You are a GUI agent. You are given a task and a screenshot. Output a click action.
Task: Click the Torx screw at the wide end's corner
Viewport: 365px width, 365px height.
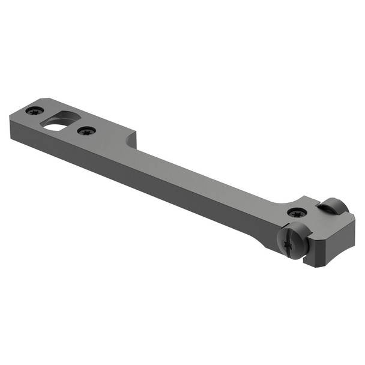coord(34,111)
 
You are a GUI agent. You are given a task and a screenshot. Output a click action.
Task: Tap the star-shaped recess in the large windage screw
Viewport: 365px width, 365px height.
coord(288,244)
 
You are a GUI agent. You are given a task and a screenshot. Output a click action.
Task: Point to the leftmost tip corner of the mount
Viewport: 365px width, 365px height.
coord(10,123)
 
